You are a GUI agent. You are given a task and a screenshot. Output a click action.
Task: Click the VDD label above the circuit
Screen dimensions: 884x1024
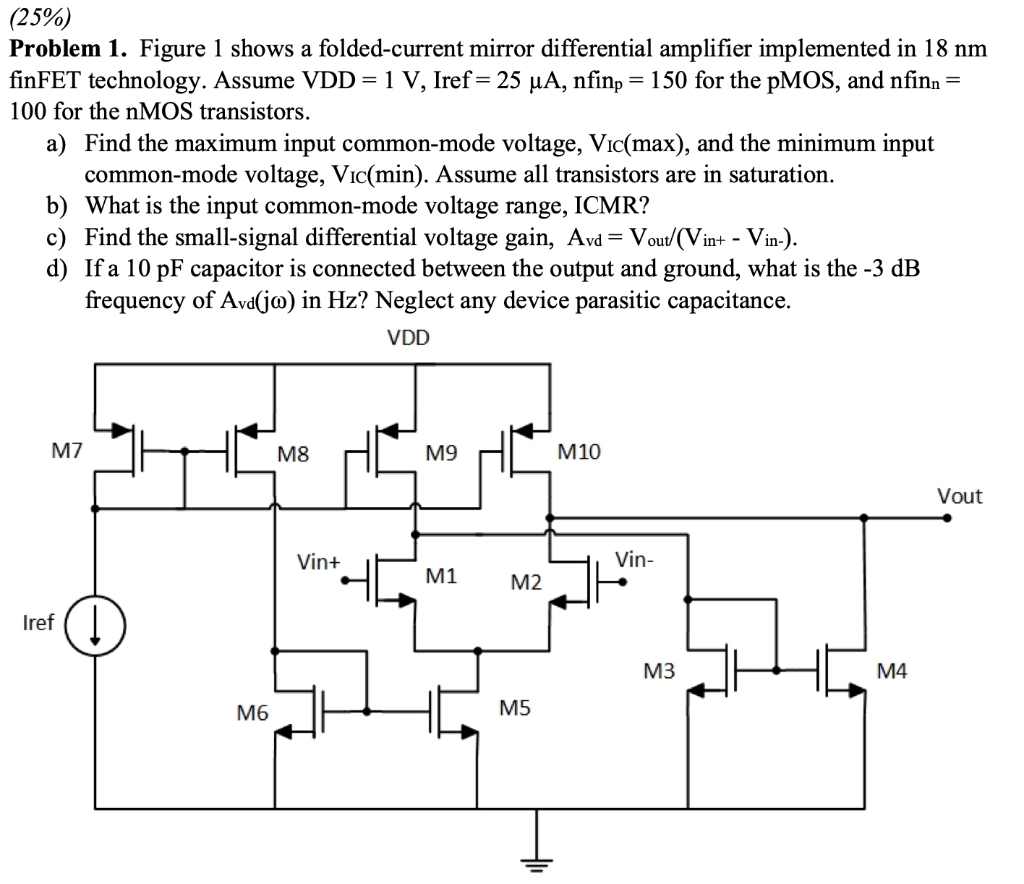pos(408,339)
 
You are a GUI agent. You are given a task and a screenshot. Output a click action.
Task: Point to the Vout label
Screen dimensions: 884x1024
pos(959,496)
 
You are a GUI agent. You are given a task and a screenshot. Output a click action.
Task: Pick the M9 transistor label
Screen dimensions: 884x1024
pos(441,453)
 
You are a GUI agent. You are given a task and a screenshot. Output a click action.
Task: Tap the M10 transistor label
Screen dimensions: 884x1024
pos(579,453)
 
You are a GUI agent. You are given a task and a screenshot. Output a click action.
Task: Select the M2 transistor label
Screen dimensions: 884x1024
pos(526,582)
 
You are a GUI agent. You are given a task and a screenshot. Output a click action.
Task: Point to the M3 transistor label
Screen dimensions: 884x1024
pos(659,672)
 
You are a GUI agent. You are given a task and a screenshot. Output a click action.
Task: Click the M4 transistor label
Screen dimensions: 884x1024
pos(891,672)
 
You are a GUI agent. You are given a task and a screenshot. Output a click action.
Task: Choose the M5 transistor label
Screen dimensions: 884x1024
pos(515,709)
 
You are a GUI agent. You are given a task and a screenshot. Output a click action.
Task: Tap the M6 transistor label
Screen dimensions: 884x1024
pos(252,712)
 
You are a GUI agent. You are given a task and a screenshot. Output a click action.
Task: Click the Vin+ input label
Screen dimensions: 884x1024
pos(319,562)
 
